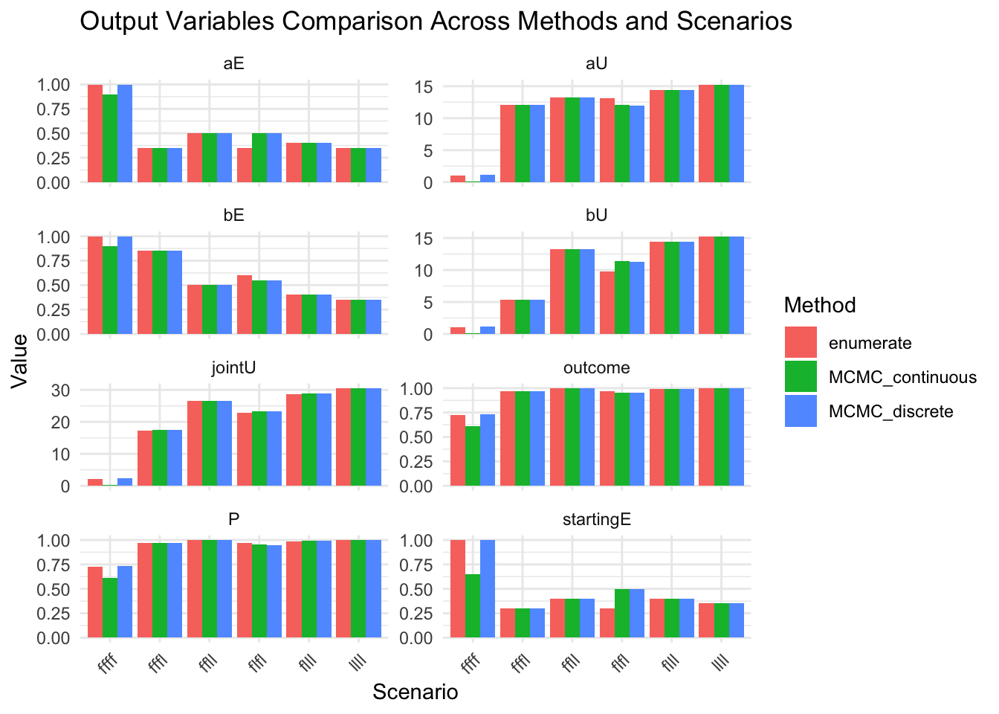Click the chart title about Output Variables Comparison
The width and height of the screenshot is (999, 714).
point(436,22)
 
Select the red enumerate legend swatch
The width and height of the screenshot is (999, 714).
point(801,342)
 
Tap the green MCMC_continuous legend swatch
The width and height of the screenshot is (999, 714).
point(801,376)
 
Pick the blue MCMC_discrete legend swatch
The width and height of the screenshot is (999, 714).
point(801,411)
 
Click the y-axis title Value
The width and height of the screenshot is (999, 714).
point(20,361)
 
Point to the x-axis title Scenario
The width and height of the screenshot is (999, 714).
point(415,692)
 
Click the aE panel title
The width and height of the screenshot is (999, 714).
point(233,64)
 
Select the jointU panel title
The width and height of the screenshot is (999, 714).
point(233,367)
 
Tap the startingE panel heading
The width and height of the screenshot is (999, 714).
point(597,519)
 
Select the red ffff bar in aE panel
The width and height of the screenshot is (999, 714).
point(95,134)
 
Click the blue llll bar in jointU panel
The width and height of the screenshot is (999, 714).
point(373,437)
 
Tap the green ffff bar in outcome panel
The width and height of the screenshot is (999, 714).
point(472,456)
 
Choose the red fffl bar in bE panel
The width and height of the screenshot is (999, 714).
point(145,292)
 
